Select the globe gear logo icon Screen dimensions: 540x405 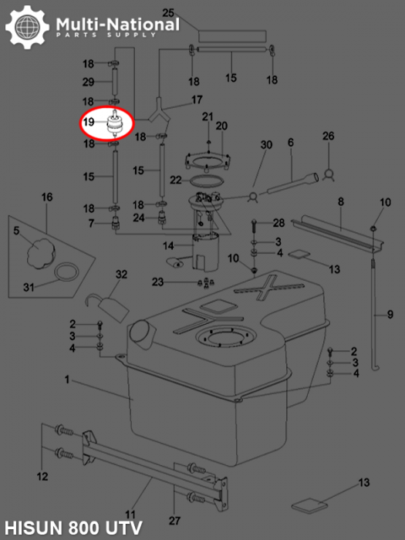coord(29,29)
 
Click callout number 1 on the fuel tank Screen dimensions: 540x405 coord(67,380)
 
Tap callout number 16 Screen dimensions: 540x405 coord(46,198)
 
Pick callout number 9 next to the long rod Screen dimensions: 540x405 coord(390,315)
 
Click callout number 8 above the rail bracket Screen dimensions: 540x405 coord(340,201)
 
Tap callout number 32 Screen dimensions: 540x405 coord(121,275)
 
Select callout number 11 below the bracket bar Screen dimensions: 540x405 coord(131,514)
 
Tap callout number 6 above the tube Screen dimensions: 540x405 coord(291,143)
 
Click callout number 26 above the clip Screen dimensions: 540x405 coord(328,137)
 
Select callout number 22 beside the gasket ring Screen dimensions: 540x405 coord(176,180)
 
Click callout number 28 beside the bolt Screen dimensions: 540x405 coord(278,223)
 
